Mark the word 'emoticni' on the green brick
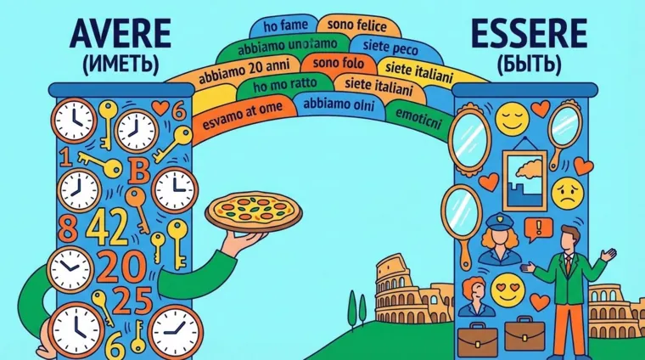[x=421, y=112]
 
